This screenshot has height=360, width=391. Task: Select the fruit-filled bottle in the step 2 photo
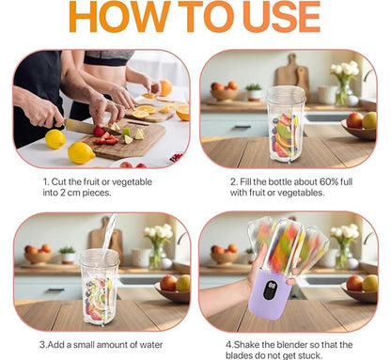point(286,128)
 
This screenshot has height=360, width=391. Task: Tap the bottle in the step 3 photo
point(99,284)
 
